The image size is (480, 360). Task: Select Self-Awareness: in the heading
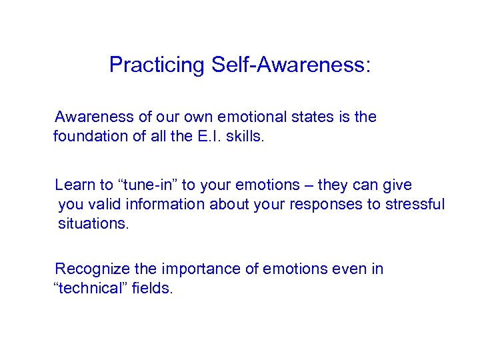291,65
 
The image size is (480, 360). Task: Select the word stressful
415,204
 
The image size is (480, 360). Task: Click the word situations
93,223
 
